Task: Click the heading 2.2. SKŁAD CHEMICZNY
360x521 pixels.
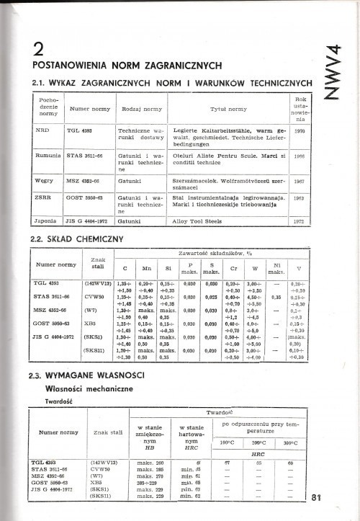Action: click(x=73, y=237)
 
